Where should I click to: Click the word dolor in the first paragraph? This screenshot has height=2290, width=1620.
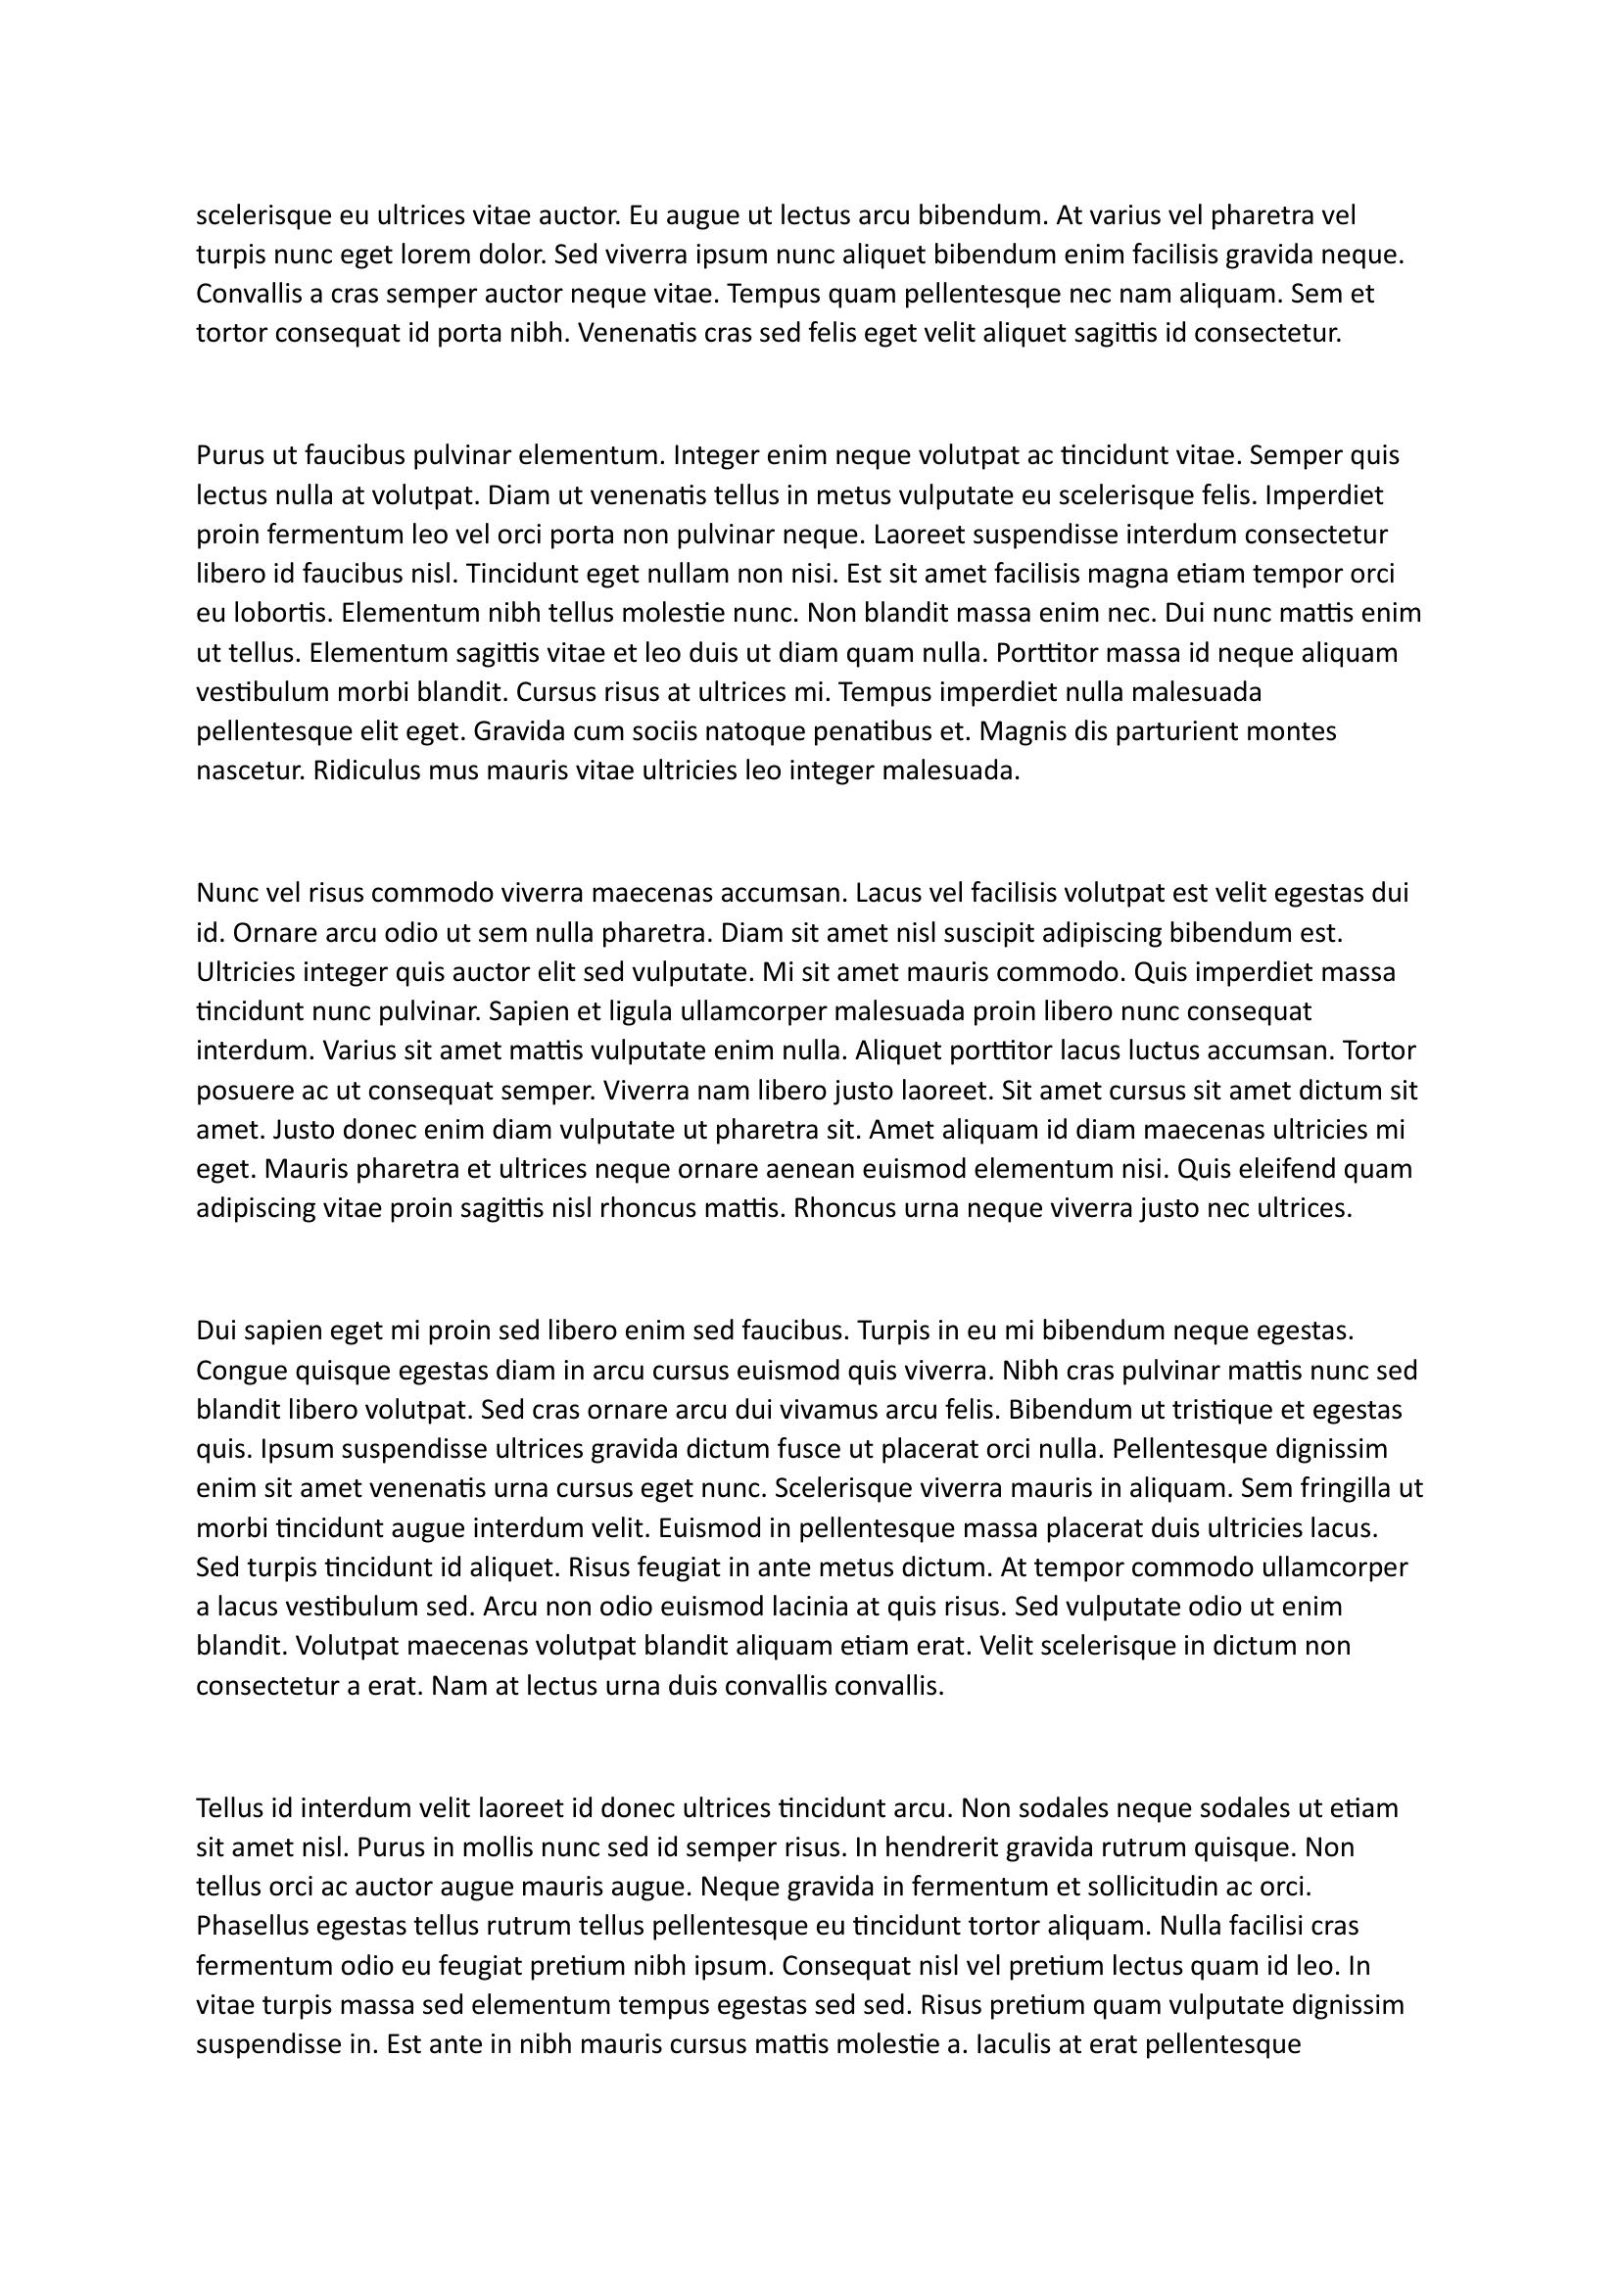510,255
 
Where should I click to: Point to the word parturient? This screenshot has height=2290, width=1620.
1182,731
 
